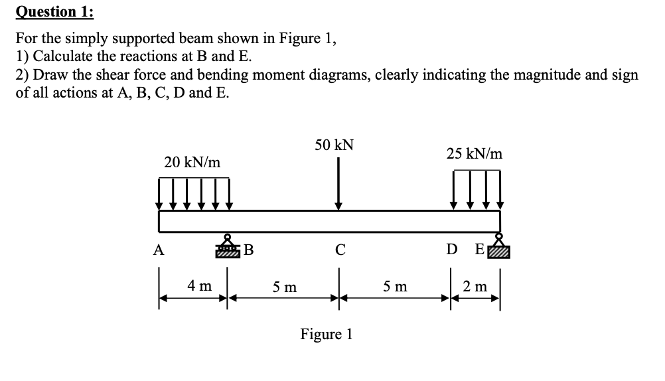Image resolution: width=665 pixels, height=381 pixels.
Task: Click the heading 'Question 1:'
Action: [x=46, y=11]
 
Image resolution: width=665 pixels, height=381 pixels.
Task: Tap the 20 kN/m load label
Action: [x=192, y=162]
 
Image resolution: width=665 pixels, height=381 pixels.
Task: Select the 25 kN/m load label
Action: [x=474, y=154]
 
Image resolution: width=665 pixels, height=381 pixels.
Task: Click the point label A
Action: [x=158, y=250]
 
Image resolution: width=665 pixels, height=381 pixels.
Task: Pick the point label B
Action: [x=248, y=250]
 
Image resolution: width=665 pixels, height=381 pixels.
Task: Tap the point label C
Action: [x=340, y=250]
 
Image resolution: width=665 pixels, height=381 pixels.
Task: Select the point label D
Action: [x=451, y=250]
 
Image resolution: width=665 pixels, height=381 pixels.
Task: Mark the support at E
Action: [x=499, y=246]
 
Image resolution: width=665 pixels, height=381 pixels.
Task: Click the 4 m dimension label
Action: [x=199, y=286]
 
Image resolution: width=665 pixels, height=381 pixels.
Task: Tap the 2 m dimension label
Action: [x=475, y=286]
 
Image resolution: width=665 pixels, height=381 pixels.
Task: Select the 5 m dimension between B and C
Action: [x=285, y=287]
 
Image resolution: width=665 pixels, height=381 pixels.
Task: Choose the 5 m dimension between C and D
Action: [x=396, y=287]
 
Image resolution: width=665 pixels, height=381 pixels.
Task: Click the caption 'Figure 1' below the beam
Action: [x=326, y=333]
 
